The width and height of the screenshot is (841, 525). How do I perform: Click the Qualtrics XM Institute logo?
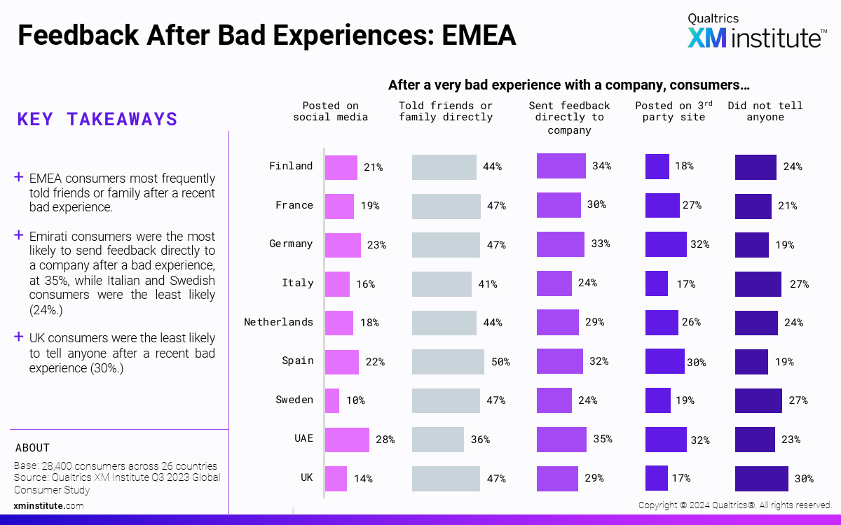(755, 31)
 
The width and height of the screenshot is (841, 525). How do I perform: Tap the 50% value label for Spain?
(500, 362)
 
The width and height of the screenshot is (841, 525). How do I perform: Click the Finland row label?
(291, 166)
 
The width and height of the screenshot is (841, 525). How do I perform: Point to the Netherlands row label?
(278, 322)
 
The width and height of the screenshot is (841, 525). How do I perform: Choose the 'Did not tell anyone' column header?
(765, 111)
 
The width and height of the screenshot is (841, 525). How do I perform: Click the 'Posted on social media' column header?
(330, 111)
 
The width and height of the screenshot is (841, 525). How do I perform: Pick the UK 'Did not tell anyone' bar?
(762, 479)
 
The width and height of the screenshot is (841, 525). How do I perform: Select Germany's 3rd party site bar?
(666, 244)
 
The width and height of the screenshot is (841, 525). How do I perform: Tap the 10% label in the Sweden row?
(355, 400)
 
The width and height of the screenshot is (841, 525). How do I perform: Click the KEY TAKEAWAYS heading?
(97, 119)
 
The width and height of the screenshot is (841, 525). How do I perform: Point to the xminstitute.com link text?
(49, 505)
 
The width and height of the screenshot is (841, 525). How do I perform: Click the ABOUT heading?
(32, 448)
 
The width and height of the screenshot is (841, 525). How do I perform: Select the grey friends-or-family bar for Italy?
(442, 283)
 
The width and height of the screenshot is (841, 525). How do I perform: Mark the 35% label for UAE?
(602, 440)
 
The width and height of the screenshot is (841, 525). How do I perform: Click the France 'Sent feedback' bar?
(559, 205)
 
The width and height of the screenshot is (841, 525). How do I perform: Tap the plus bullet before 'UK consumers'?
(19, 337)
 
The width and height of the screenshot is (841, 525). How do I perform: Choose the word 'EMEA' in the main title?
(479, 35)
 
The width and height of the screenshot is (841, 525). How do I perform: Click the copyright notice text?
(734, 505)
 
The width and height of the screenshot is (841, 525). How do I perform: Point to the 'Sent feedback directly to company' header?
(569, 118)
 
